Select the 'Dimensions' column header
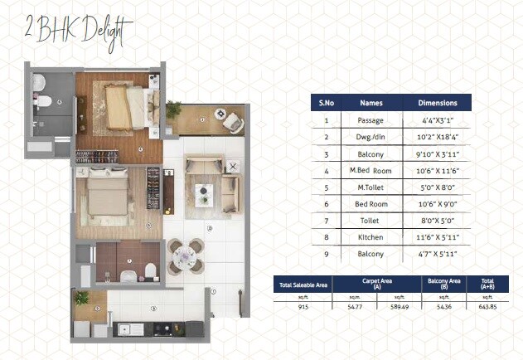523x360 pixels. (x=438, y=103)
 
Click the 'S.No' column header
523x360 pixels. (x=326, y=103)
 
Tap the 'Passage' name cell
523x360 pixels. (x=370, y=120)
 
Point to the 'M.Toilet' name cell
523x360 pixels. (x=370, y=187)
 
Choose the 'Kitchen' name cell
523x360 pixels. (x=370, y=236)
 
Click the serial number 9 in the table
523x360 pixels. (x=326, y=253)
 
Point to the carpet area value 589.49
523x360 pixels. (x=399, y=307)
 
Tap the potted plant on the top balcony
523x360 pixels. (x=173, y=109)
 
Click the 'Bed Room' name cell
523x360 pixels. (x=370, y=203)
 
